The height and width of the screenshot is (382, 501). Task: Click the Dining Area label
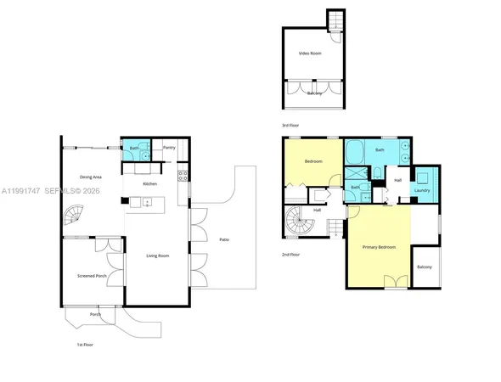click(x=92, y=177)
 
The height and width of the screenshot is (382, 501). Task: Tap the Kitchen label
click(x=149, y=184)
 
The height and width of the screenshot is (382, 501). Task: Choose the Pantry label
click(x=169, y=148)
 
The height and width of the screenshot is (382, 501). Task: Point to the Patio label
click(x=223, y=240)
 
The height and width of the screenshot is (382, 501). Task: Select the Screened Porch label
click(x=92, y=276)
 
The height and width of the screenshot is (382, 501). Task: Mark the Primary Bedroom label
click(x=380, y=247)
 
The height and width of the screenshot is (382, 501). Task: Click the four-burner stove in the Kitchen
click(x=182, y=177)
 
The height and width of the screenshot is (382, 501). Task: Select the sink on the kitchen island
click(x=147, y=202)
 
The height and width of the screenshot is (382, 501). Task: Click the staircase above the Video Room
click(x=335, y=19)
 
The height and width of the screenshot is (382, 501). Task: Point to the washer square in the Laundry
click(x=423, y=177)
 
